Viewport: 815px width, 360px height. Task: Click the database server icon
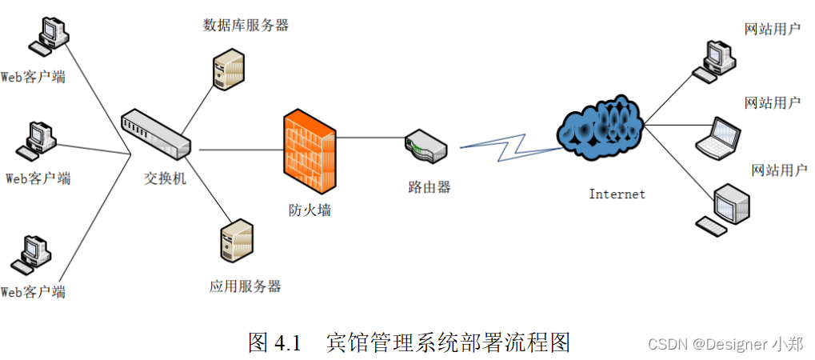(228, 68)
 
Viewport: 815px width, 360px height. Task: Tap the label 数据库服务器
(246, 25)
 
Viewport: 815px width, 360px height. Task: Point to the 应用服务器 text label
(246, 286)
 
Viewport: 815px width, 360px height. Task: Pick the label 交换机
(165, 178)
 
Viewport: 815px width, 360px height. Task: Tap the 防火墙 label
(310, 210)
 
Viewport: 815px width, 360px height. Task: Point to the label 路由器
(429, 187)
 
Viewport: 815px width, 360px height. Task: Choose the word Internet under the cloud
(617, 194)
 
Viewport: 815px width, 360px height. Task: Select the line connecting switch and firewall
(240, 150)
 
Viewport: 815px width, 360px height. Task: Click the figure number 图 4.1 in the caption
(274, 343)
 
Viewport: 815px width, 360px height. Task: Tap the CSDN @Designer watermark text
(725, 345)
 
